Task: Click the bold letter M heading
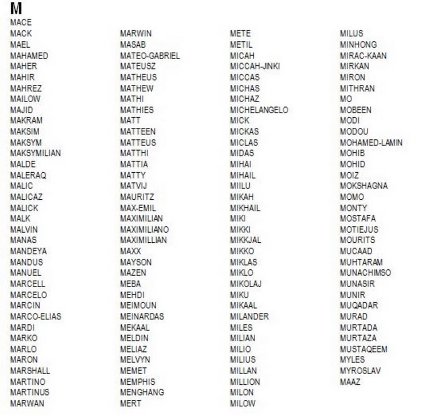click(x=16, y=9)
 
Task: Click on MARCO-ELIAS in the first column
click(x=35, y=316)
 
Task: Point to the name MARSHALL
click(x=30, y=371)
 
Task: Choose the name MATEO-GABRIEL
click(x=150, y=56)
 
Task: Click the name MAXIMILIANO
click(x=144, y=229)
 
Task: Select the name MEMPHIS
click(x=137, y=382)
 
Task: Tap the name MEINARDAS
click(x=142, y=316)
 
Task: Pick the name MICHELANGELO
click(x=259, y=110)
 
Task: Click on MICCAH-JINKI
click(x=255, y=66)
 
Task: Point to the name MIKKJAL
click(x=245, y=240)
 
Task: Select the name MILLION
click(x=245, y=382)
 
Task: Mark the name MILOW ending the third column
click(x=242, y=403)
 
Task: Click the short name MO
click(x=346, y=99)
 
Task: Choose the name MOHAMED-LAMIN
click(x=371, y=143)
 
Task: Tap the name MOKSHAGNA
click(x=363, y=186)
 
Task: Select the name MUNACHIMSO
click(x=365, y=273)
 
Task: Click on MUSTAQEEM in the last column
click(x=363, y=349)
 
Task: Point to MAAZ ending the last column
click(x=350, y=382)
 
